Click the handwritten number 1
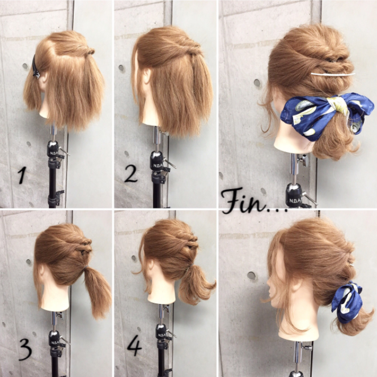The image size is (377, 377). pyautogui.click(x=22, y=175)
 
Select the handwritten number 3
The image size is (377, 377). pyautogui.click(x=26, y=350)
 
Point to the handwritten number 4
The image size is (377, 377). pyautogui.click(x=135, y=347)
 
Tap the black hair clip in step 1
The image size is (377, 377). pyautogui.click(x=36, y=67)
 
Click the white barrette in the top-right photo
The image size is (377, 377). pyautogui.click(x=333, y=74)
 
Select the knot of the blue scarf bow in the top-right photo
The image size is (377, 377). pyautogui.click(x=338, y=106)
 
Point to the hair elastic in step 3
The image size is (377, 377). pyautogui.click(x=84, y=267)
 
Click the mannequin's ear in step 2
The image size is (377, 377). pyautogui.click(x=147, y=76)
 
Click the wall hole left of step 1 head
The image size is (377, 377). pyautogui.click(x=25, y=66)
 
